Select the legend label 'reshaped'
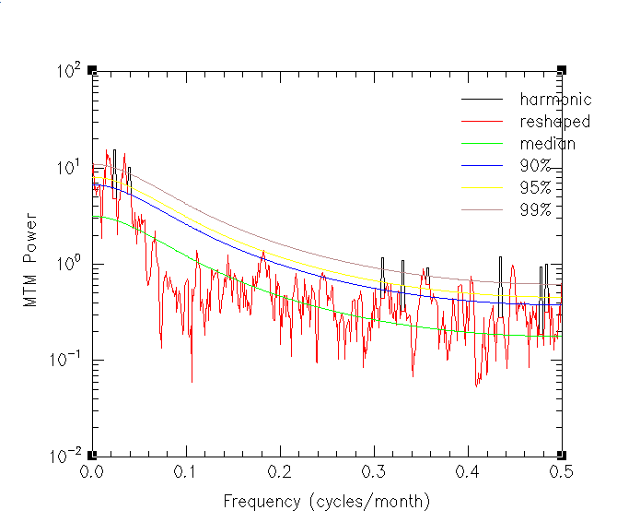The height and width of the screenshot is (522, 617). click(555, 122)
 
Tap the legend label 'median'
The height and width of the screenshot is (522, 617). click(547, 144)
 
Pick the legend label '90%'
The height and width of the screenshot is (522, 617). click(535, 166)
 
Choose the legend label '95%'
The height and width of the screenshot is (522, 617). click(535, 188)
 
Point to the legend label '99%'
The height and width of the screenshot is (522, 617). click(535, 210)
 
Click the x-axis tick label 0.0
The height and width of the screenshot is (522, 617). click(92, 471)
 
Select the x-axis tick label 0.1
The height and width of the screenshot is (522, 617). click(186, 471)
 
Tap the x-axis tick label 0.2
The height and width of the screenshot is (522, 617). click(280, 471)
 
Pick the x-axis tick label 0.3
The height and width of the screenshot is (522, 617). click(374, 471)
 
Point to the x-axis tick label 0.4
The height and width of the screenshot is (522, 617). click(468, 471)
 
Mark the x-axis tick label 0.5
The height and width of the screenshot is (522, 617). click(562, 471)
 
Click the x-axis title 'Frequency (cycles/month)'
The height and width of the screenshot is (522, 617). click(327, 502)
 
